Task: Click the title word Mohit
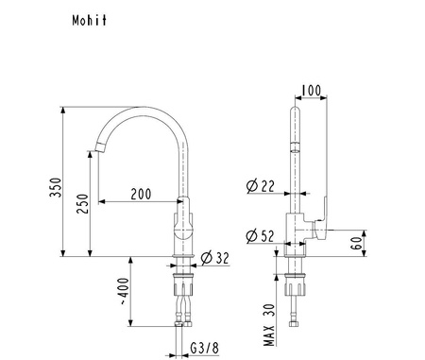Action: coord(90,21)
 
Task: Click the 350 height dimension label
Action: coord(56,187)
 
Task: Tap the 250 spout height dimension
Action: coord(82,204)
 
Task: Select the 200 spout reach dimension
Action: coord(141,194)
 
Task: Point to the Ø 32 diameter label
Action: coord(215,258)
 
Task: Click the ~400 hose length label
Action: coord(125,291)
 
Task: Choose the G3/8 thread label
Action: coord(204,348)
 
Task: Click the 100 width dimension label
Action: coord(311,91)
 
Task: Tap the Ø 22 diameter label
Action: coord(260,186)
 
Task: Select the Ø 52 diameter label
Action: coord(260,236)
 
